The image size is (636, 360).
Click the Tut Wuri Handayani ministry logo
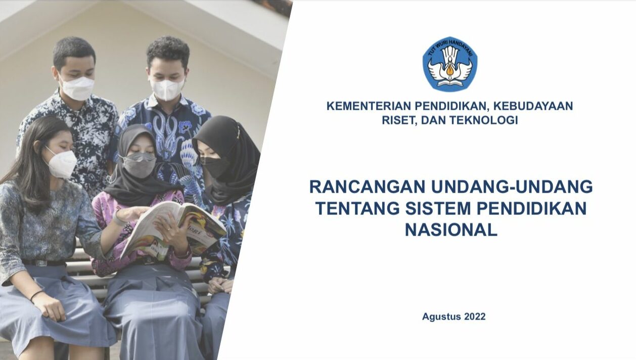(x=450, y=64)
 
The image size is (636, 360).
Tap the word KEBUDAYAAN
(x=533, y=106)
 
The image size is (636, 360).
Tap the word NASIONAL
(x=451, y=230)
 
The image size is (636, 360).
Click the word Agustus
(x=441, y=317)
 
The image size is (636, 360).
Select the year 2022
(x=475, y=317)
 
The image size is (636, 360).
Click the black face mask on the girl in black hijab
(x=215, y=167)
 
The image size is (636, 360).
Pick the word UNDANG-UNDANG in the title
(x=512, y=187)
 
